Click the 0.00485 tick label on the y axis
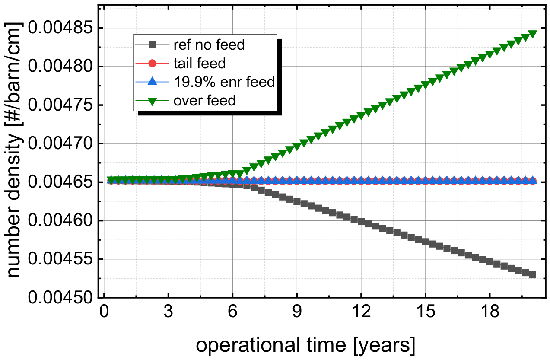pos(60,28)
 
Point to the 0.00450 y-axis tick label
pos(60,298)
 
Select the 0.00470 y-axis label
pos(60,143)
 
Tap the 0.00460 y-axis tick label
pos(60,220)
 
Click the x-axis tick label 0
pos(104,311)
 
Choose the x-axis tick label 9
pos(297,311)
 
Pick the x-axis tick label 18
pos(490,311)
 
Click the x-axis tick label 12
pos(361,311)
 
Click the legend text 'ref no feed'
pos(209,45)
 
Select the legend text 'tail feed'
pos(199,64)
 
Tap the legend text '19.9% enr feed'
pos(224,82)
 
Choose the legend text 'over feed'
pos(204,100)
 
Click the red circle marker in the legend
pos(152,64)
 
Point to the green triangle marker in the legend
pos(152,101)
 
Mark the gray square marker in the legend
pos(152,45)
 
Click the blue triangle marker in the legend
pos(152,81)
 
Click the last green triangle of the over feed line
pos(533,34)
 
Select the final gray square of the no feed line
pos(533,274)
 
